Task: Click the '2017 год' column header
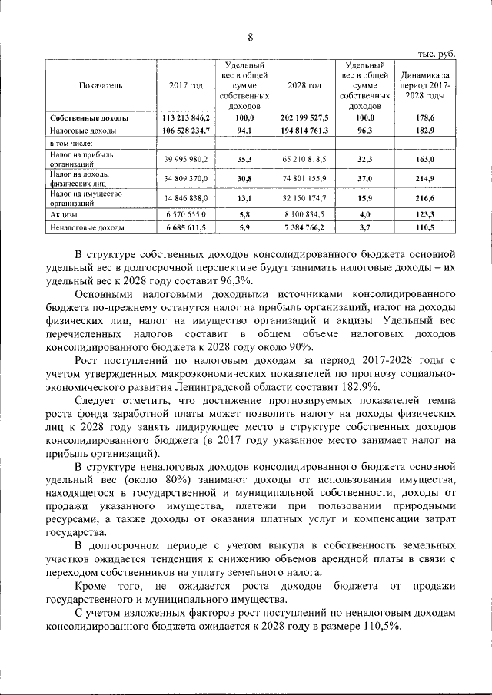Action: point(186,86)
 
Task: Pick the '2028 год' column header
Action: point(304,86)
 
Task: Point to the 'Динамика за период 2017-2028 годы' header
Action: point(424,86)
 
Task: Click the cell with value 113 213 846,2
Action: point(186,118)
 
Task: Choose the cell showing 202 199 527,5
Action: point(304,118)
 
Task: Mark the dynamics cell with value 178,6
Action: point(424,118)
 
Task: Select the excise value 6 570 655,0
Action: point(186,216)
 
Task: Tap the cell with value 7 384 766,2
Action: point(304,228)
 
